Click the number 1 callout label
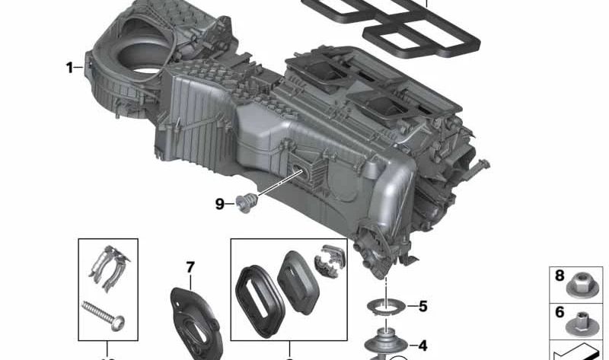pyautogui.click(x=69, y=68)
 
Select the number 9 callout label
pyautogui.click(x=219, y=203)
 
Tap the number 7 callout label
pyautogui.click(x=190, y=267)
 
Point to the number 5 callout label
pyautogui.click(x=422, y=307)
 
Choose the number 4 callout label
pyautogui.click(x=422, y=345)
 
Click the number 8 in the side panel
pyautogui.click(x=560, y=276)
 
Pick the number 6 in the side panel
pyautogui.click(x=560, y=311)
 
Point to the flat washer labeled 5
pyautogui.click(x=387, y=307)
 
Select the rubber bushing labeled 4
pyautogui.click(x=387, y=341)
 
